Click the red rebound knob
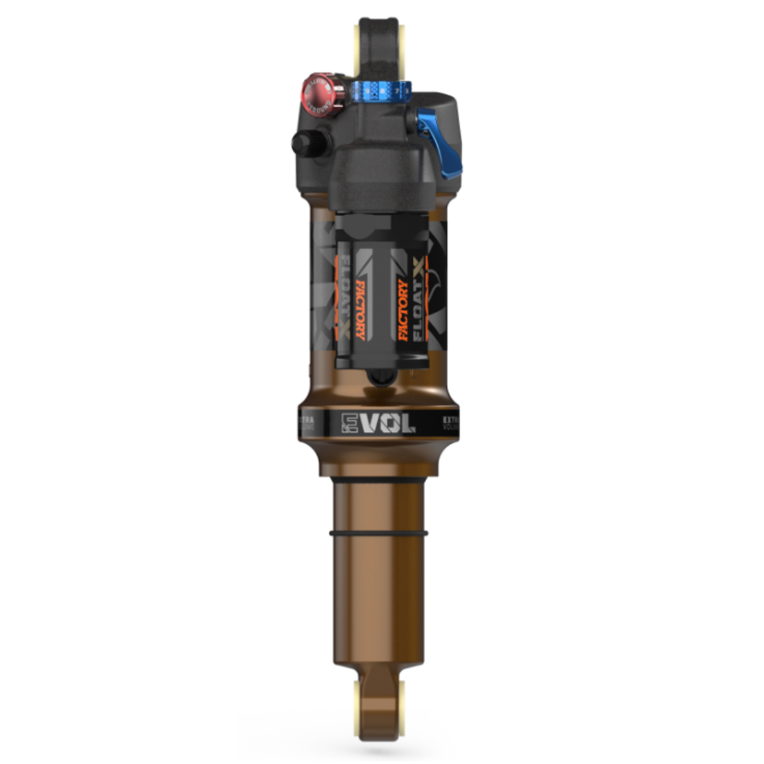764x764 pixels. (319, 93)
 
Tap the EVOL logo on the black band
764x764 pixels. (378, 423)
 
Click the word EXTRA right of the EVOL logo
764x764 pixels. (451, 420)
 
